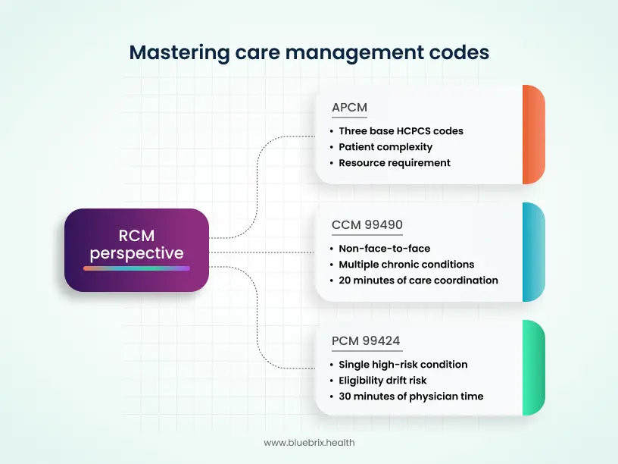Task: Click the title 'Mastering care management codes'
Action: tap(309, 52)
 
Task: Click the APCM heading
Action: tap(349, 107)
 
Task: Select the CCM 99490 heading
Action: tap(367, 224)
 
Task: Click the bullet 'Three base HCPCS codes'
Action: tap(401, 130)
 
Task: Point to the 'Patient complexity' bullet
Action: tap(385, 146)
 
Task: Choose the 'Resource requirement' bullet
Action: tap(395, 162)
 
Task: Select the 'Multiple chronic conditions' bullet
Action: tap(406, 264)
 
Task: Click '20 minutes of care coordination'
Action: tap(418, 280)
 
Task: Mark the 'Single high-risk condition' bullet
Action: tap(403, 364)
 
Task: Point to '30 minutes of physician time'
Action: tap(410, 396)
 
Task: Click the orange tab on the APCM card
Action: tap(533, 134)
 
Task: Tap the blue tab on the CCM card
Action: tap(533, 252)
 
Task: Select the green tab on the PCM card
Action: tap(533, 368)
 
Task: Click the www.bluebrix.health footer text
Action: tap(309, 442)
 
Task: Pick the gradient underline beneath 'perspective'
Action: tap(136, 268)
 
